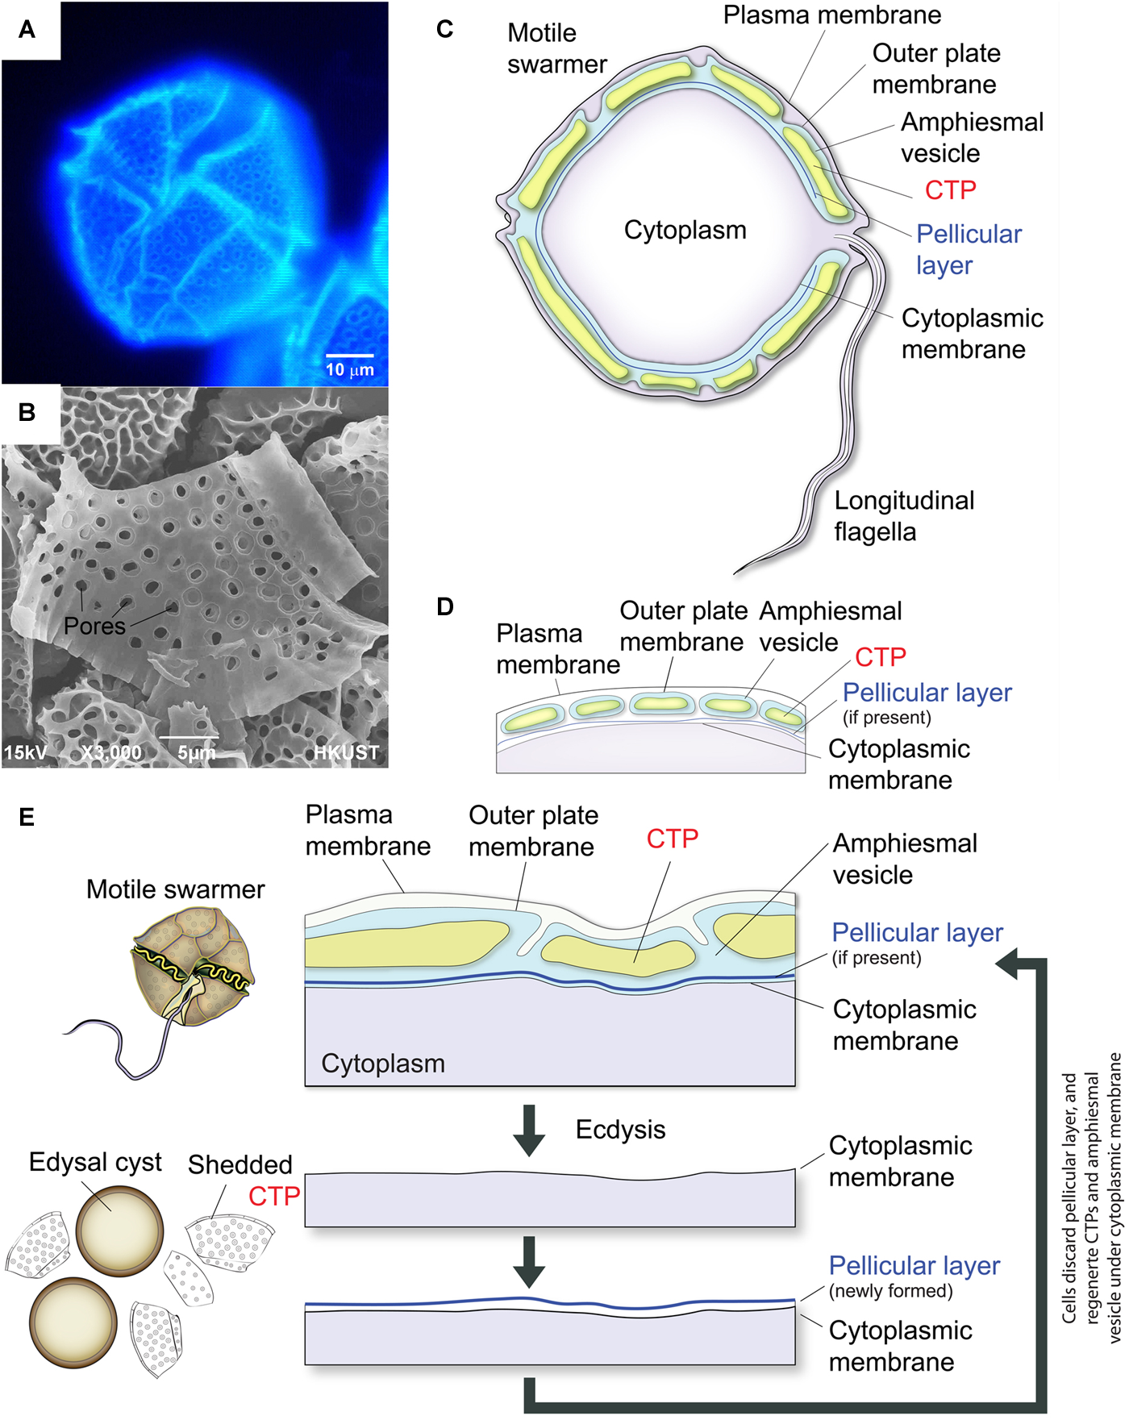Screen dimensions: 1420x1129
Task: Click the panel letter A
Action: [x=27, y=30]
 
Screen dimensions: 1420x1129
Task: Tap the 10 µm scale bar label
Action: [x=349, y=370]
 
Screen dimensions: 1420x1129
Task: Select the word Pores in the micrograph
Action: [x=94, y=626]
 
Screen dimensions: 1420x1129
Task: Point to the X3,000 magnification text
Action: [x=111, y=752]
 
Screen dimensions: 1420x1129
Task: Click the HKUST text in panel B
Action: [x=346, y=752]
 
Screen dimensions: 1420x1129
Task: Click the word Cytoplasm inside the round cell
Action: [x=685, y=231]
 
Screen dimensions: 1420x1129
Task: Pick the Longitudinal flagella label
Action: [x=903, y=516]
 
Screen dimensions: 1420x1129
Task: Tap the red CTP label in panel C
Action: [x=950, y=190]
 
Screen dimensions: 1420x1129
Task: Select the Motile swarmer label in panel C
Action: [x=556, y=48]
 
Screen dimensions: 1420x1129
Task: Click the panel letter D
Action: [x=444, y=606]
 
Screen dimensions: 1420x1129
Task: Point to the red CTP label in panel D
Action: [x=881, y=657]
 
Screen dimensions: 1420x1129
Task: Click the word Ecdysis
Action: [x=620, y=1130]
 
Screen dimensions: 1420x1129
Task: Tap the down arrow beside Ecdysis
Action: [x=529, y=1130]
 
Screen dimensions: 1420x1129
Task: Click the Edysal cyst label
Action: [x=95, y=1162]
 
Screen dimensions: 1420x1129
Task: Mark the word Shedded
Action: [x=240, y=1164]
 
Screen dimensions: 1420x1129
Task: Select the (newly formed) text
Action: [x=890, y=1291]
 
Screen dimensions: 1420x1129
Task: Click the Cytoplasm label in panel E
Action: [x=383, y=1064]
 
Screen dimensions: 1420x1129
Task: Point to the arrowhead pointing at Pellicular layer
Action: [x=1008, y=963]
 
